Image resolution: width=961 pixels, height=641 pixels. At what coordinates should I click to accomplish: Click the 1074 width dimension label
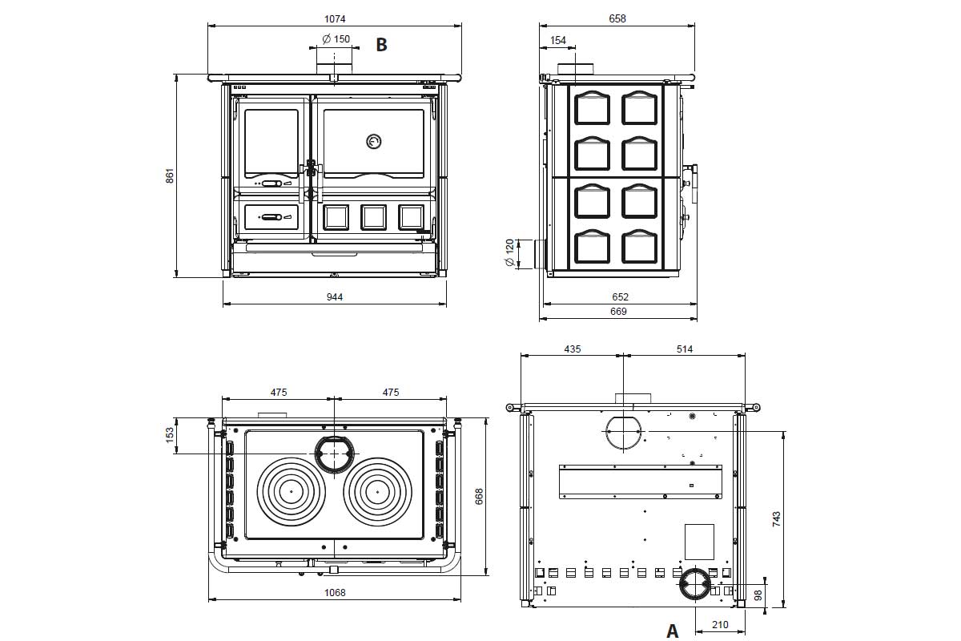point(335,19)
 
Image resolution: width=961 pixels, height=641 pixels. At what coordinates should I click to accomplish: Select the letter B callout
point(381,45)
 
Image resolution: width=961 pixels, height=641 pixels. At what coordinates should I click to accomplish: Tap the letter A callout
point(672,631)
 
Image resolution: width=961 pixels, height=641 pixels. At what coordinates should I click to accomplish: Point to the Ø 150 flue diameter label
point(336,39)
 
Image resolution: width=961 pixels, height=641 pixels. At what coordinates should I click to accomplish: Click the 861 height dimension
point(170,175)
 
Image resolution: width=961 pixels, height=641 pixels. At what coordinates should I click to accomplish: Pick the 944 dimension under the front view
point(335,296)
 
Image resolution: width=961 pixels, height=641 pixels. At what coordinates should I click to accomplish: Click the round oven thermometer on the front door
point(374,141)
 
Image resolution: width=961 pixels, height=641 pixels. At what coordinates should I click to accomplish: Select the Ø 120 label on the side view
point(509,252)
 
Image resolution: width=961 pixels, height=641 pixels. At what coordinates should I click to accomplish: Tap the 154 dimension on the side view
point(557,40)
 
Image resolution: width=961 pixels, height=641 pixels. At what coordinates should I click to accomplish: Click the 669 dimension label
point(618,311)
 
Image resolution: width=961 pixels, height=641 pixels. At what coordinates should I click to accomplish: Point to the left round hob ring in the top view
point(291,492)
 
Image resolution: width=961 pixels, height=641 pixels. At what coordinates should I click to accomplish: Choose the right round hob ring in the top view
point(377,492)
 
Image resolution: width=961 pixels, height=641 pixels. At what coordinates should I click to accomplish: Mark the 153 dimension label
point(170,434)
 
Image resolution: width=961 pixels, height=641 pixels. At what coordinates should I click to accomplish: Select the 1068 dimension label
point(335,592)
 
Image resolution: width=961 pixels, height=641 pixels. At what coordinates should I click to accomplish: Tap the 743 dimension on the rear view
point(776,519)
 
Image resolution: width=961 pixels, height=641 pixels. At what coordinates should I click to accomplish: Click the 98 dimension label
point(758,595)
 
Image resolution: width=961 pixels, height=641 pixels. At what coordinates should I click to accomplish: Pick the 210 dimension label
point(720,625)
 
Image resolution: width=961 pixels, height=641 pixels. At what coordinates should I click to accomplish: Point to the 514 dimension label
point(684,349)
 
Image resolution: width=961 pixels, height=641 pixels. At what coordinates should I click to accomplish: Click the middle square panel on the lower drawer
point(373,217)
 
